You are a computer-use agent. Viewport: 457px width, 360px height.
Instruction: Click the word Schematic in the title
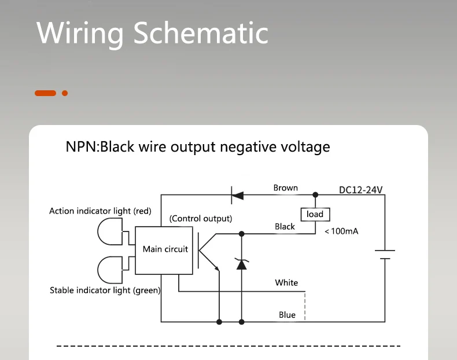tap(201, 33)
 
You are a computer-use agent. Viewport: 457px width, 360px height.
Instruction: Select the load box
tap(315, 214)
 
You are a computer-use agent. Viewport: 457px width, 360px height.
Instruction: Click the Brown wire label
tap(285, 188)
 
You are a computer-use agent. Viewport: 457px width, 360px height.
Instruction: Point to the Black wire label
tap(285, 227)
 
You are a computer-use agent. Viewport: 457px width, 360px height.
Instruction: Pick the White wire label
tap(286, 283)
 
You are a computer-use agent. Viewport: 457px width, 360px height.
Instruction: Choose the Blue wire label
tap(287, 315)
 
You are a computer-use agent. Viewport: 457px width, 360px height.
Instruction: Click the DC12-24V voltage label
tap(361, 190)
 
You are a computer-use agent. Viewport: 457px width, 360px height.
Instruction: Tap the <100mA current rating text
tap(341, 232)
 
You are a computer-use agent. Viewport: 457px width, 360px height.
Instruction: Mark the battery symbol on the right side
tap(385, 255)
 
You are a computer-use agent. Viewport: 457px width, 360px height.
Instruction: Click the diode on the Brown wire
tap(237, 195)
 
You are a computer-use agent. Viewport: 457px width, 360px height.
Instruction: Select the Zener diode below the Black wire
tap(242, 264)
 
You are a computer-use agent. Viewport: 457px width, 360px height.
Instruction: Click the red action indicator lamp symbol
tap(109, 231)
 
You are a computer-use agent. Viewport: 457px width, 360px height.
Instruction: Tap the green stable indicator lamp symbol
tap(109, 268)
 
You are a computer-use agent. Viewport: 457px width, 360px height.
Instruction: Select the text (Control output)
tap(200, 219)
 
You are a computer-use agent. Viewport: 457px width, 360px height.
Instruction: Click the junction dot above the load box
tap(315, 195)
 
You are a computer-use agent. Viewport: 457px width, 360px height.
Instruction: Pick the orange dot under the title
tap(65, 93)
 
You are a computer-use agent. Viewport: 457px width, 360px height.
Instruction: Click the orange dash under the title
tap(45, 93)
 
